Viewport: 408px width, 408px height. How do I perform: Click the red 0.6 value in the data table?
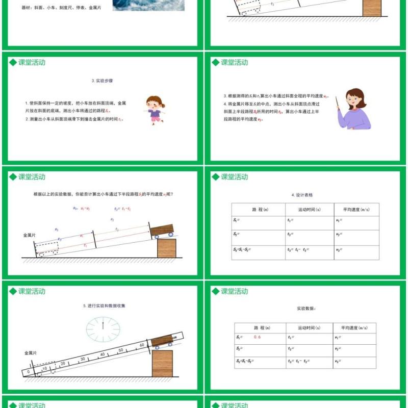point(257,337)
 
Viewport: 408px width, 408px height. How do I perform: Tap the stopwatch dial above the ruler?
point(103,328)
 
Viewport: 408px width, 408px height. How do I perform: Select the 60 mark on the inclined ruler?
point(142,345)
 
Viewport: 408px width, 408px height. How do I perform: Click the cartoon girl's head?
point(154,101)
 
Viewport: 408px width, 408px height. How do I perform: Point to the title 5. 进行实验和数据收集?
point(104,305)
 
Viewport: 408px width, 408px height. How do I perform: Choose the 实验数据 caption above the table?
point(306,309)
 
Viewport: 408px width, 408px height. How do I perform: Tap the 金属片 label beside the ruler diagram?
point(32,352)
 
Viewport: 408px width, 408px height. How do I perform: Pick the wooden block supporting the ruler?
point(162,363)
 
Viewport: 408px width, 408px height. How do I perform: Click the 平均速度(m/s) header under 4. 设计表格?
point(356,210)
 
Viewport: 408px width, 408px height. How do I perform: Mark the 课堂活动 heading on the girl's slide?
point(32,63)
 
